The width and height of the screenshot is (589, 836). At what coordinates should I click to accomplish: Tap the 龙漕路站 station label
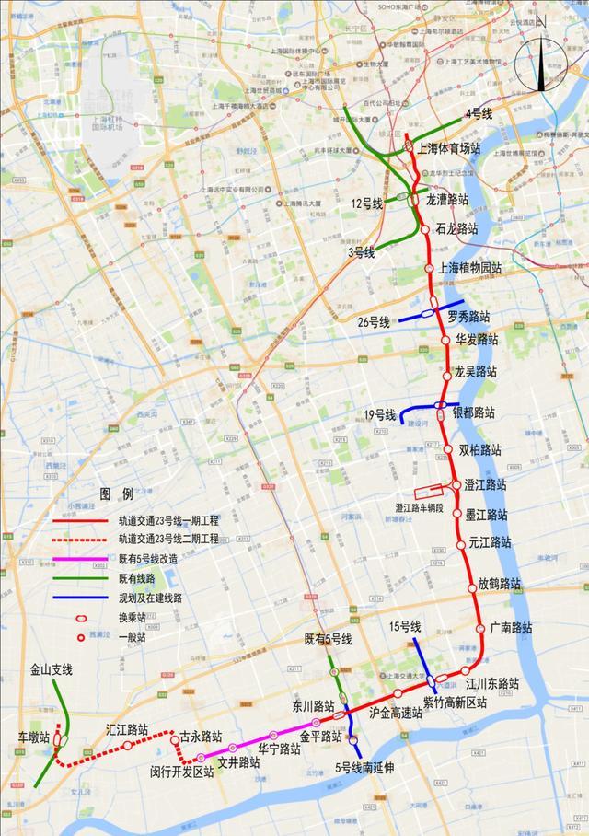447,199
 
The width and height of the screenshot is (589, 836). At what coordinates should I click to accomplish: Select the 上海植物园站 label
470,268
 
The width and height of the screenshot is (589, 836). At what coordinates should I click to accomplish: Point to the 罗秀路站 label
468,317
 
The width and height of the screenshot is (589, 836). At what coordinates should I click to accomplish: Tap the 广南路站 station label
511,628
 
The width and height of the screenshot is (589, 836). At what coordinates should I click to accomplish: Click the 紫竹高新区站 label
455,702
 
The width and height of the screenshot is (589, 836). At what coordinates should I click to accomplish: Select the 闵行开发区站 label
181,772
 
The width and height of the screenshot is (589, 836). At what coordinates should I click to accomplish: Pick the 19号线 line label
379,415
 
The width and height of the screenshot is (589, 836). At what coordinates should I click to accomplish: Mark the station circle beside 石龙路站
425,229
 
